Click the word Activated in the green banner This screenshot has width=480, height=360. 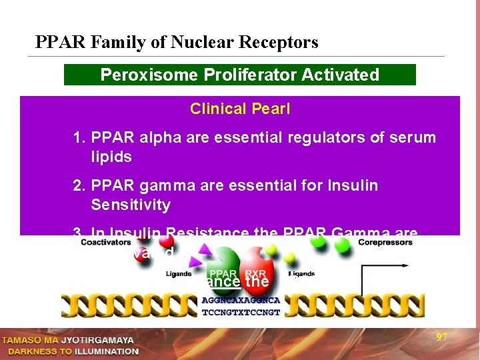342,75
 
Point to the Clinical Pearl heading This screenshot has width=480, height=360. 240,109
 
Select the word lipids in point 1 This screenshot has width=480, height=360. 112,157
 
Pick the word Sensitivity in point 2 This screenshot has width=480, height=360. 131,205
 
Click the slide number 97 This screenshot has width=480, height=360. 441,337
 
